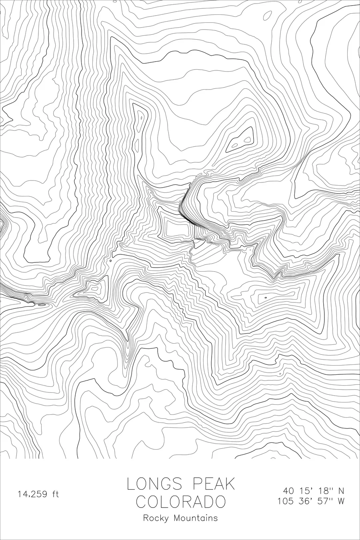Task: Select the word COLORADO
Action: (x=181, y=502)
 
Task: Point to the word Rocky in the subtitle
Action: (x=156, y=518)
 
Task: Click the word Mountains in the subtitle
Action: (x=196, y=518)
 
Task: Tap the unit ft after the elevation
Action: (x=55, y=494)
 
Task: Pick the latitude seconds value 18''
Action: (x=325, y=491)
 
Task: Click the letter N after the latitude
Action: (x=341, y=491)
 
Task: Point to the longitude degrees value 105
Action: (x=286, y=501)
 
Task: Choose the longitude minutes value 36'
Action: (x=307, y=501)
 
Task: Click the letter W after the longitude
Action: (x=341, y=501)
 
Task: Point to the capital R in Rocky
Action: (x=146, y=518)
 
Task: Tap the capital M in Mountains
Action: (x=176, y=518)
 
